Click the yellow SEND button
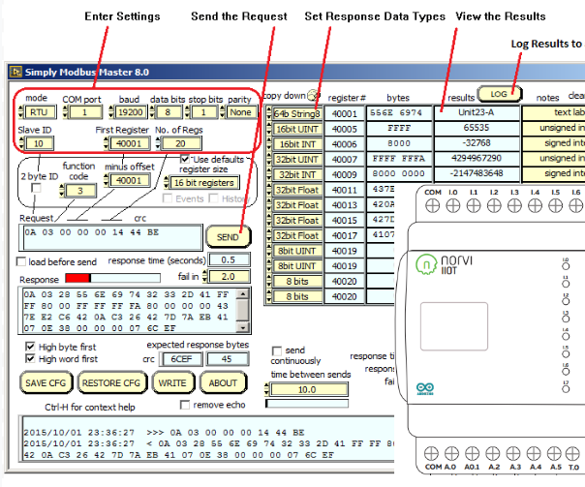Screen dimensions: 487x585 pyautogui.click(x=227, y=236)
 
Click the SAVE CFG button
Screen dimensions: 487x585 pyautogui.click(x=46, y=382)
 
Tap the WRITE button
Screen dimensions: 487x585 pyautogui.click(x=172, y=382)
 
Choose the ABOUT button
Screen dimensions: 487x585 pyautogui.click(x=223, y=382)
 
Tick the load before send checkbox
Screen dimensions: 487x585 pyautogui.click(x=22, y=261)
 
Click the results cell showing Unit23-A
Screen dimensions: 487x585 pyautogui.click(x=476, y=112)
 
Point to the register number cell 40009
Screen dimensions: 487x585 pyautogui.click(x=348, y=173)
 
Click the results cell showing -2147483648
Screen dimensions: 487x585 pyautogui.click(x=476, y=173)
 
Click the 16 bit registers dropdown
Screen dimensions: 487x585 pyautogui.click(x=205, y=182)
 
